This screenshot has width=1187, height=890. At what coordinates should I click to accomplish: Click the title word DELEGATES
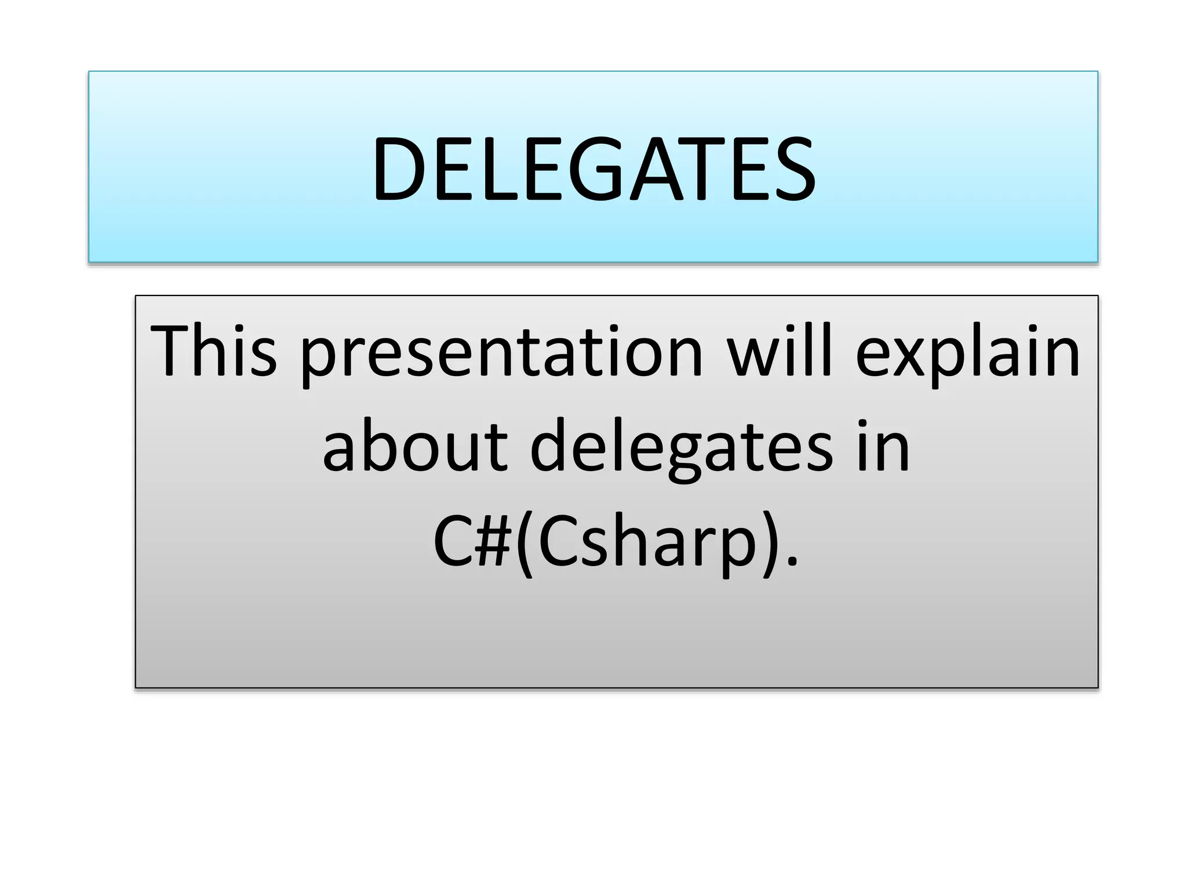coord(593,169)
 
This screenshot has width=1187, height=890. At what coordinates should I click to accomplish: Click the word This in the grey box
coord(213,351)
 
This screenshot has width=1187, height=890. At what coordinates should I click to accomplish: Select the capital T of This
coord(172,351)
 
